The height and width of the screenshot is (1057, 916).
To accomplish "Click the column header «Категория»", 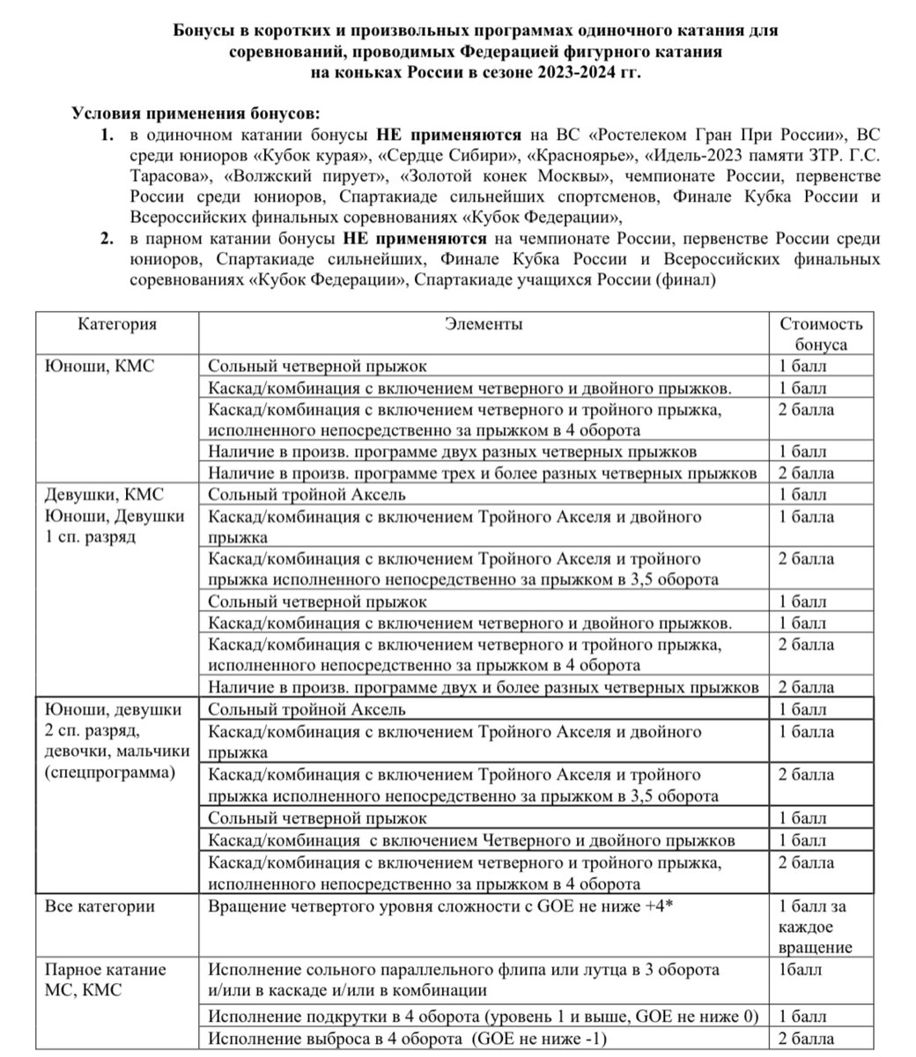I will (x=117, y=323).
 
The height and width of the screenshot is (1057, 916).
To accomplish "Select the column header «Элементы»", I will (x=483, y=323).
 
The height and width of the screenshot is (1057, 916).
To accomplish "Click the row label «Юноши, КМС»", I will (x=99, y=366).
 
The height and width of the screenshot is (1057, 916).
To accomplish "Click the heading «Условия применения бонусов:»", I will (x=196, y=115).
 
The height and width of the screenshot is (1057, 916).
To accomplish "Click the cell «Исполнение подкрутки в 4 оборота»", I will (x=484, y=1015).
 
